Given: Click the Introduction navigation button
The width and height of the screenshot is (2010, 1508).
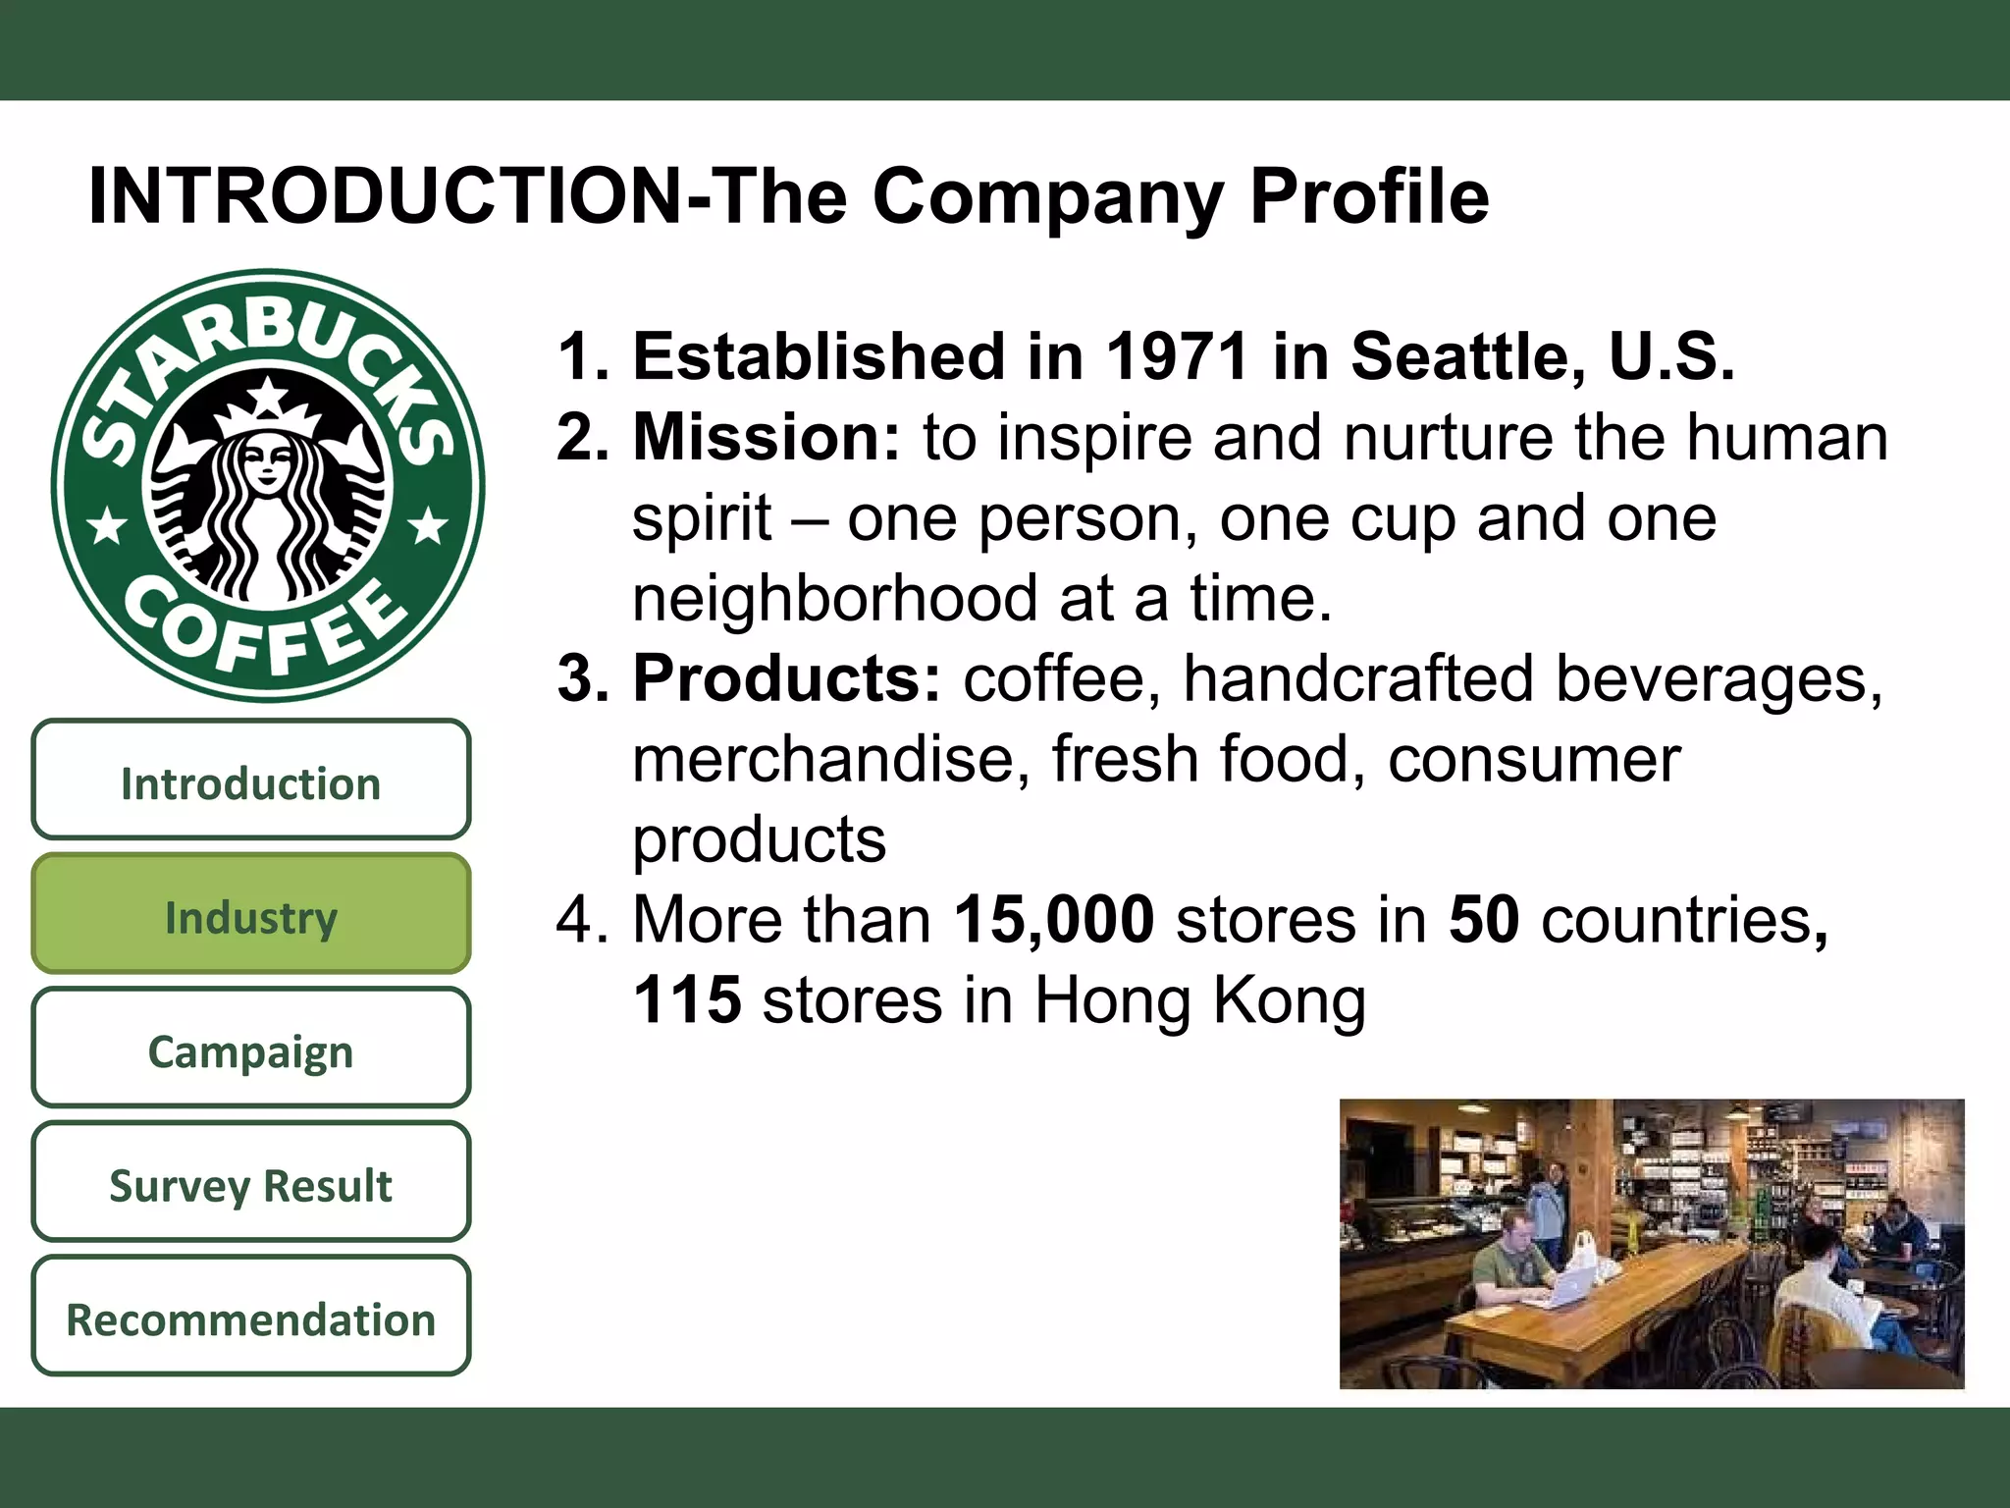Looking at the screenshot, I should [x=250, y=782].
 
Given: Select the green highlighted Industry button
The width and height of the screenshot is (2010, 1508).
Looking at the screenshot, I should [x=250, y=916].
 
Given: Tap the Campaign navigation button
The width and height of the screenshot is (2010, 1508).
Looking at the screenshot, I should [x=250, y=1050].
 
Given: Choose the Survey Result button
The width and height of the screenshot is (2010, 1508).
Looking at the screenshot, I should [x=250, y=1184].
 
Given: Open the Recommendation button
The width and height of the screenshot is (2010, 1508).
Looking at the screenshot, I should [x=250, y=1319].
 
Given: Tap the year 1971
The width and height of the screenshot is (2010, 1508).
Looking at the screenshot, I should [x=1178, y=355].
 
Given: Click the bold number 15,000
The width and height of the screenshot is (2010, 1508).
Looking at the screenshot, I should [x=1054, y=919].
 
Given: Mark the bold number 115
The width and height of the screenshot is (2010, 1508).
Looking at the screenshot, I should [x=687, y=999].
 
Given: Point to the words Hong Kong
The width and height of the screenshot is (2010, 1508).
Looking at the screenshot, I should [x=1199, y=999].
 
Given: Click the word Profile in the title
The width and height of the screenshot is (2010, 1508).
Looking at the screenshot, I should [x=1369, y=195].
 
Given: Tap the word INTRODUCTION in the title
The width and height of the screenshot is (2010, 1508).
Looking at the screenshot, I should [x=387, y=195].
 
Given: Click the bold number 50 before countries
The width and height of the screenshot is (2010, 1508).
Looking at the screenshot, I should [x=1484, y=919].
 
